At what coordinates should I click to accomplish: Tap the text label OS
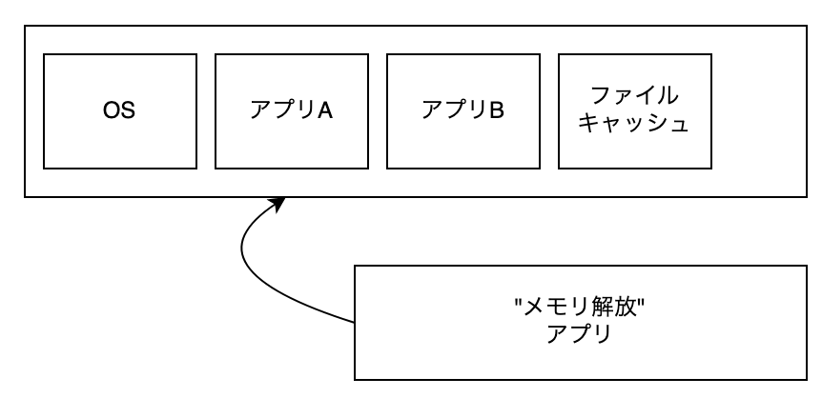[119, 109]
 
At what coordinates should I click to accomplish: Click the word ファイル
[634, 95]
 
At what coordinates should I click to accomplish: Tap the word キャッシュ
[634, 124]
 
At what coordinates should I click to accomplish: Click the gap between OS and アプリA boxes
[205, 109]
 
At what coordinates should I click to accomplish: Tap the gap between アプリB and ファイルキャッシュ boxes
[548, 109]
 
